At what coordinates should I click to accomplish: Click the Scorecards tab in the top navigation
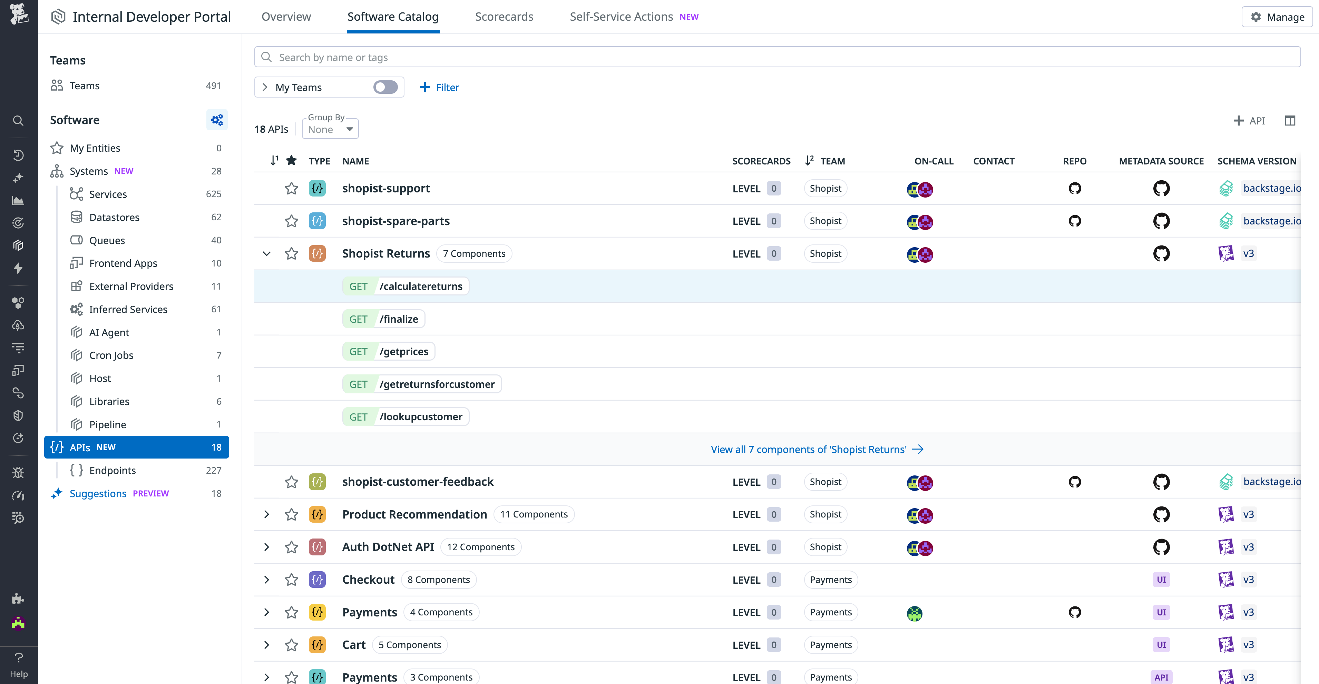tap(504, 17)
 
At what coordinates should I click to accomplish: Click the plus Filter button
tap(439, 88)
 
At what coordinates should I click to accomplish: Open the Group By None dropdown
tap(330, 129)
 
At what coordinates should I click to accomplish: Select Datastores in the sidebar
tap(114, 218)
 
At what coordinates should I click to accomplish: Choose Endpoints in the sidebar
tap(112, 470)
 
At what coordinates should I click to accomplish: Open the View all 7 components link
tap(817, 449)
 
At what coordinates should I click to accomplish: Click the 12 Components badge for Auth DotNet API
tap(480, 547)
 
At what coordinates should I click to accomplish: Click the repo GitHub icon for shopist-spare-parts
tap(1074, 221)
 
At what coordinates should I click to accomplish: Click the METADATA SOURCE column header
tap(1161, 161)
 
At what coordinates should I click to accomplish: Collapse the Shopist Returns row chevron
tap(266, 254)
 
